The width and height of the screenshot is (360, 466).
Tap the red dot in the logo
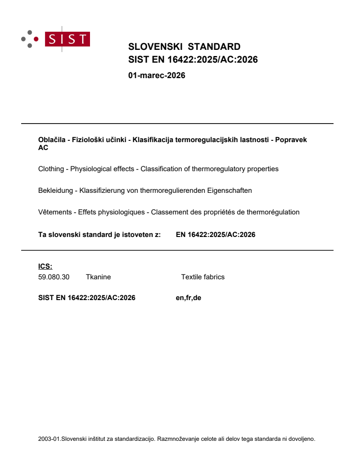click(x=37, y=39)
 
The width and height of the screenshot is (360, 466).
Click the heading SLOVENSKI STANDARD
click(x=184, y=47)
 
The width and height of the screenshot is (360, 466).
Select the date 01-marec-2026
click(x=157, y=75)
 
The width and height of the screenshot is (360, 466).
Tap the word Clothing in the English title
click(x=51, y=169)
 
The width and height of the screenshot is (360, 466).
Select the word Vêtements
click(x=55, y=212)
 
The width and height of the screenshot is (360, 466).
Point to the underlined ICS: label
click(x=45, y=266)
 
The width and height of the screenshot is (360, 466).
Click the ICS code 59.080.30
click(x=54, y=277)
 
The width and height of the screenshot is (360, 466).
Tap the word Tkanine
click(x=98, y=277)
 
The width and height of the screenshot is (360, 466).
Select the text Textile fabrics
click(x=202, y=277)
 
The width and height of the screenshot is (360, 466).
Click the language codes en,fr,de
click(x=188, y=298)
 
